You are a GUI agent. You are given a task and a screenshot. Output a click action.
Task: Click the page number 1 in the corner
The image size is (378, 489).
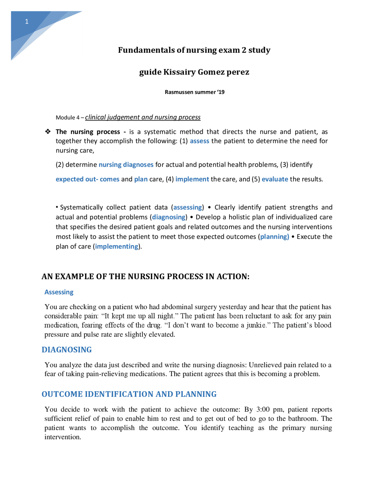click(27, 22)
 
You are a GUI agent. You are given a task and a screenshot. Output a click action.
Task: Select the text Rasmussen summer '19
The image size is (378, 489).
click(194, 92)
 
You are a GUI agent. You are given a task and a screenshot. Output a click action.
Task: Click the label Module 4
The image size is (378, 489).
click(68, 118)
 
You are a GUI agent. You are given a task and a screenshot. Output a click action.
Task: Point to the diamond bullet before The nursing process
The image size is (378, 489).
click(48, 131)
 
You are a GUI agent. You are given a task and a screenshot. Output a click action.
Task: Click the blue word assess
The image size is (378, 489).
click(199, 141)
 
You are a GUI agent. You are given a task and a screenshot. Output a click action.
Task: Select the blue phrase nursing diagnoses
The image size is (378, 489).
click(126, 164)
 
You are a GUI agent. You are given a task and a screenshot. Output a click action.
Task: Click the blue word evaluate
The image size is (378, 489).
click(275, 179)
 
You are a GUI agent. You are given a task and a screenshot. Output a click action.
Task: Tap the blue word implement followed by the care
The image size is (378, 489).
click(192, 179)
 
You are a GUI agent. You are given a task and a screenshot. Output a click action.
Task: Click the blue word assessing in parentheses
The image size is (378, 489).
click(188, 207)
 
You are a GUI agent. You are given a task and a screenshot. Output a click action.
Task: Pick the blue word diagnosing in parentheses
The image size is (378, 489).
click(169, 217)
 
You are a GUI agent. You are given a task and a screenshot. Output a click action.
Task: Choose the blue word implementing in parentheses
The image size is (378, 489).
click(116, 246)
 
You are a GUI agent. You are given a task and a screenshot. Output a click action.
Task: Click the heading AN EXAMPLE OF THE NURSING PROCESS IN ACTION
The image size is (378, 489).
click(145, 276)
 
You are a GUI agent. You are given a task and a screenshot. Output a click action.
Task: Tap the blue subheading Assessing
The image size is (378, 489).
click(59, 292)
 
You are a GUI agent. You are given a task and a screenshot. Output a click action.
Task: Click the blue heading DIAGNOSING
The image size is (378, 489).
click(66, 350)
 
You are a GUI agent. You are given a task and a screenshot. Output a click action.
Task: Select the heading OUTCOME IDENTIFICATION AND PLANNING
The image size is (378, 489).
click(129, 394)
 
